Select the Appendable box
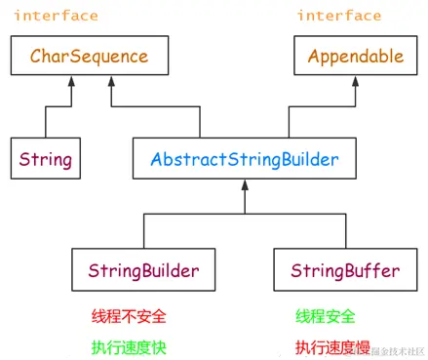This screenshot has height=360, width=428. (x=355, y=57)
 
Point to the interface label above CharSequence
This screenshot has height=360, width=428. (x=56, y=17)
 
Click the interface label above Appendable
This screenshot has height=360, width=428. (x=339, y=17)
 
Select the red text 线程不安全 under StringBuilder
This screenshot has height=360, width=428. (x=123, y=316)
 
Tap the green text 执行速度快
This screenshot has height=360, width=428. (x=123, y=344)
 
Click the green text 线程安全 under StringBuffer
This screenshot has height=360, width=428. (x=326, y=316)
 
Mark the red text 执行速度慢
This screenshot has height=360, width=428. (x=332, y=344)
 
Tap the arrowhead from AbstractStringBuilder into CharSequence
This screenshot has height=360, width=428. (x=112, y=81)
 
